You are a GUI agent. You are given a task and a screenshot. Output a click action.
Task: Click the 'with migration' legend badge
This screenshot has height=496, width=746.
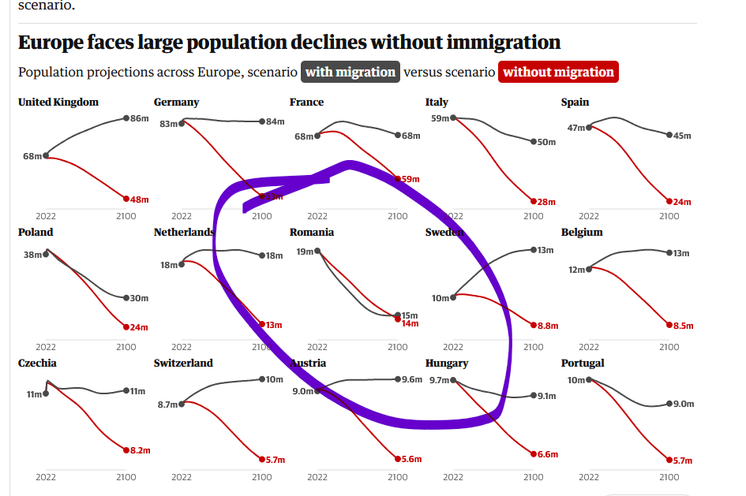(351, 72)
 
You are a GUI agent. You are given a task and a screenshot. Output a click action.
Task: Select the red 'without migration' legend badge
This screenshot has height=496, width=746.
(558, 72)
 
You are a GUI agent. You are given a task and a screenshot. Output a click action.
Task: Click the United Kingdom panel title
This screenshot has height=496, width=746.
(58, 102)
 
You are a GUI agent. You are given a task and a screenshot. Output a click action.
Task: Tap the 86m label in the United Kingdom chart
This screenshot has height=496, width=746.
(140, 118)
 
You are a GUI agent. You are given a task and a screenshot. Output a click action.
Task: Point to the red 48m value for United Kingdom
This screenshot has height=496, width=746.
(139, 200)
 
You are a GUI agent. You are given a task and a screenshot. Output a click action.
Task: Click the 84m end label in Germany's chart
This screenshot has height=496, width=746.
(276, 121)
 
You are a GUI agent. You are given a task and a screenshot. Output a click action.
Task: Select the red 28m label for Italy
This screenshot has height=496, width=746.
(546, 202)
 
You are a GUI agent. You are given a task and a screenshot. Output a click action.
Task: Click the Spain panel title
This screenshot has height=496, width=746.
(575, 102)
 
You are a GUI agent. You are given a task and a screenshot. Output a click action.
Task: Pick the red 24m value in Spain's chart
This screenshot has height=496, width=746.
(681, 202)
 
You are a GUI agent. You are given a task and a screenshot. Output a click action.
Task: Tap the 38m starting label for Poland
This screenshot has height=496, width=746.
(32, 255)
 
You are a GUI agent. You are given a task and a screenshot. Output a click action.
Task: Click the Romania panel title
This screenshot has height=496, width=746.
(311, 232)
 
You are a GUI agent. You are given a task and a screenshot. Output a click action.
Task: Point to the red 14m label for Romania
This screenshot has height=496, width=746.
(410, 323)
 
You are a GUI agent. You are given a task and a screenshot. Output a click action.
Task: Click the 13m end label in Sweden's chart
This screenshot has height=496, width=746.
(545, 250)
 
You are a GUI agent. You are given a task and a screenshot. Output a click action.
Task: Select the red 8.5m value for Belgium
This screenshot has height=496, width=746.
(683, 325)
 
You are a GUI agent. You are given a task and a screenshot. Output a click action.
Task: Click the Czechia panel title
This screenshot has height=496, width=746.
(37, 363)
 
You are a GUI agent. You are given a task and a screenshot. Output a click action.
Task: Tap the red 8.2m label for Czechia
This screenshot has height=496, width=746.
(140, 449)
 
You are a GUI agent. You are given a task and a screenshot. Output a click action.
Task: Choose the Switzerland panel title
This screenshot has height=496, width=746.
(183, 363)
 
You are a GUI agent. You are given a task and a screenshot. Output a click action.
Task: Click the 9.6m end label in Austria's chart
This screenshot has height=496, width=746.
(412, 379)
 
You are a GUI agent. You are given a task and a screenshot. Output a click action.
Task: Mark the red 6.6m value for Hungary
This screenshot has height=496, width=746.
(548, 454)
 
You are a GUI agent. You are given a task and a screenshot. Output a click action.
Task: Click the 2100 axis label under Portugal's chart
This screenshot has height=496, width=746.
(669, 477)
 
